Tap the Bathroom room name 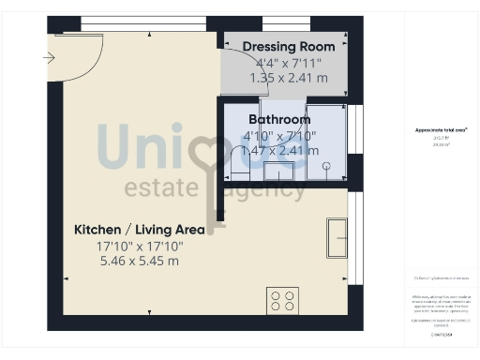[x=279, y=120]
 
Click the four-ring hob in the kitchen [x=282, y=300]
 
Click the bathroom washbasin [x=279, y=171]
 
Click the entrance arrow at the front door [x=50, y=58]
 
